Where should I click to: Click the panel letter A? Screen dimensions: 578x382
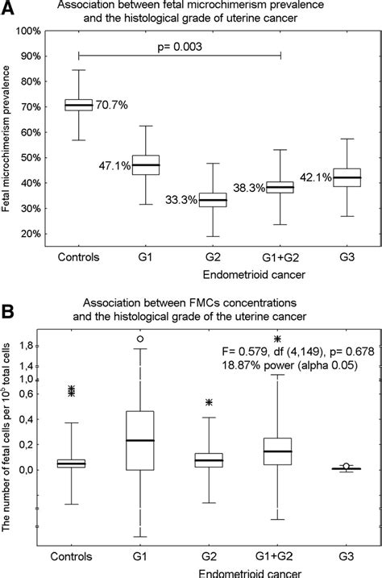(x=9, y=8)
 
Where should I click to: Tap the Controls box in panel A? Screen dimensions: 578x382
(x=78, y=105)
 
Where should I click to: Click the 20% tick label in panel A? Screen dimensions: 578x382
(x=31, y=234)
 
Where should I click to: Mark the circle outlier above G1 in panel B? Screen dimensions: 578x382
(x=141, y=339)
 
